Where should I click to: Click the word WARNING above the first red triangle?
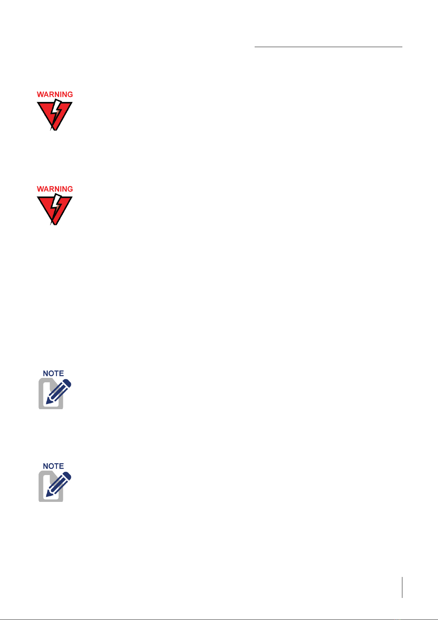tap(55, 95)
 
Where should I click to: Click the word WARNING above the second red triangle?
tap(55, 189)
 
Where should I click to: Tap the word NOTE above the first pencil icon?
tap(53, 373)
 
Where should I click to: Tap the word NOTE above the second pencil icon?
tap(53, 466)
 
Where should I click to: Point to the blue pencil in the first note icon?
tap(58, 392)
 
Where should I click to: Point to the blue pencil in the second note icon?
tap(58, 485)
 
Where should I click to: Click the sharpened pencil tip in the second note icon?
tap(46, 496)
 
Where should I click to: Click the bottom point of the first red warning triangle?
tap(55, 130)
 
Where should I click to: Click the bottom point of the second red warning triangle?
tap(55, 225)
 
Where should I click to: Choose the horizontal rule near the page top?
tap(328, 47)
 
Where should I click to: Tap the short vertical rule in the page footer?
tap(402, 587)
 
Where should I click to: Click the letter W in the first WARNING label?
tap(41, 95)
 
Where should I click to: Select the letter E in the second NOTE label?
tap(61, 466)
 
